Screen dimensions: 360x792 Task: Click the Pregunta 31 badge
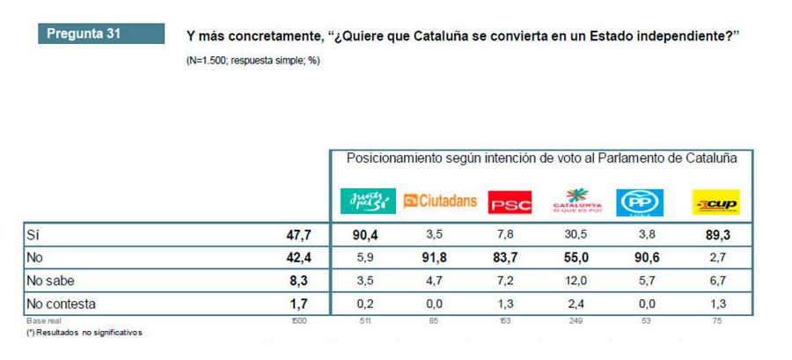tap(100, 35)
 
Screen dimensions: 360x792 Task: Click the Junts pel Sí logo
tap(365, 202)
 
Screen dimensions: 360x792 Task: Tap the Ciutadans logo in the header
tap(440, 202)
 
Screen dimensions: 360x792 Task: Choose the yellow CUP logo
tap(716, 204)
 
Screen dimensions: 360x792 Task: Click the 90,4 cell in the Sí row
tap(364, 236)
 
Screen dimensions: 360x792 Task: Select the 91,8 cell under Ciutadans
tap(438, 259)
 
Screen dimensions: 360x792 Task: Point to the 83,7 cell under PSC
tap(510, 259)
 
